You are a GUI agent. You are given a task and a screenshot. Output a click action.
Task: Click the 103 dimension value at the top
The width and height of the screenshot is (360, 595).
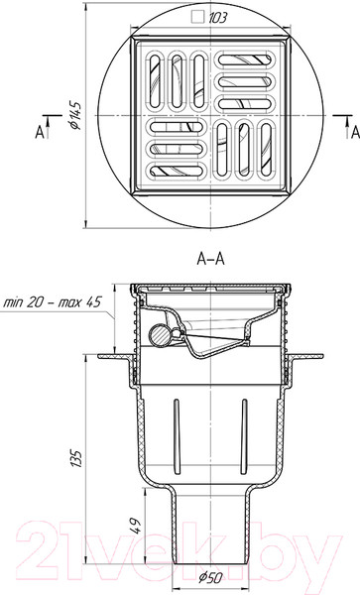[217, 18]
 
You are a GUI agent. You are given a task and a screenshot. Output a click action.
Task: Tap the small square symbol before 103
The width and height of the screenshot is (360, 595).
[197, 17]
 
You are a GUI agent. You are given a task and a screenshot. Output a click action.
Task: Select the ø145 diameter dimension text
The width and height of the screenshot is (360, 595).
[75, 115]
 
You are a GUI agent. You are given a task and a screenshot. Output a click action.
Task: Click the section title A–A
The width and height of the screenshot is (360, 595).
[211, 259]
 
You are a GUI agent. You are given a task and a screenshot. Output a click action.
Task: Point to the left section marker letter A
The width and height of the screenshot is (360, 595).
[40, 133]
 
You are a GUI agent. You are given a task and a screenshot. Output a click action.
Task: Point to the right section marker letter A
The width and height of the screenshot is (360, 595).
[355, 133]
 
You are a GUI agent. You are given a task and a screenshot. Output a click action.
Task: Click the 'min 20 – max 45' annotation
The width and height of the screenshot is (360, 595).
[53, 302]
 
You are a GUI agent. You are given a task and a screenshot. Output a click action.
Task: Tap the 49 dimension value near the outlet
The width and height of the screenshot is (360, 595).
[136, 527]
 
